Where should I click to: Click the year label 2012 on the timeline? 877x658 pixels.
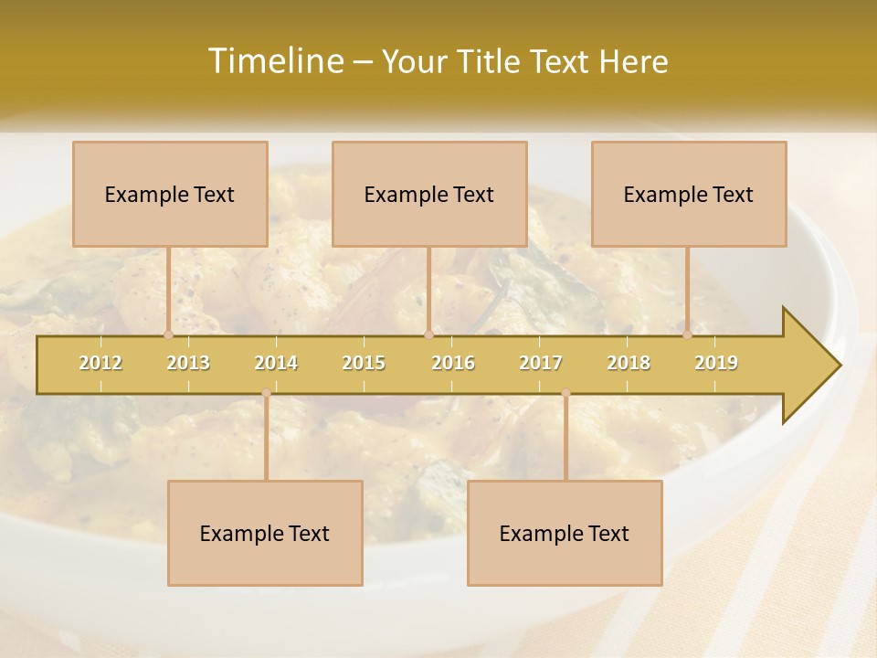(100, 363)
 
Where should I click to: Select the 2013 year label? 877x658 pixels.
(188, 363)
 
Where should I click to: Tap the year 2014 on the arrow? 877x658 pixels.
(276, 363)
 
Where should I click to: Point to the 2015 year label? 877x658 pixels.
(364, 363)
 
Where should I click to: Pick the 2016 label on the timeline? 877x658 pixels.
(453, 363)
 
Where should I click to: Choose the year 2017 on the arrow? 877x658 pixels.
(541, 363)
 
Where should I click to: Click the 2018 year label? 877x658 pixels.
(629, 363)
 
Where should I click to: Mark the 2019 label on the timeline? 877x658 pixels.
(716, 363)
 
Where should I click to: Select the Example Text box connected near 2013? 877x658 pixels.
(170, 194)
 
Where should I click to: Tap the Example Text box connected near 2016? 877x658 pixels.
(429, 194)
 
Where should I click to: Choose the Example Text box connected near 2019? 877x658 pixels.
(689, 194)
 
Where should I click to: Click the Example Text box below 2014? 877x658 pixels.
(265, 533)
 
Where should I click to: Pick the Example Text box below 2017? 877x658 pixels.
(565, 533)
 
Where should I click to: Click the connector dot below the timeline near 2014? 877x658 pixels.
(266, 393)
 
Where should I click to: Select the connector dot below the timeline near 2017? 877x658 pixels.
(565, 393)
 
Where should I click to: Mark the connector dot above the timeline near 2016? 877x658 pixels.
(428, 334)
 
